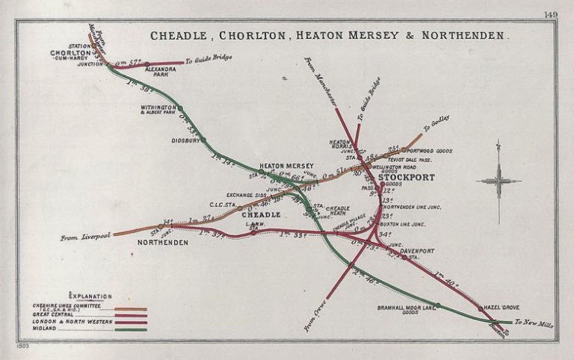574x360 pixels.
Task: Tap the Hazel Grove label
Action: (502, 307)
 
